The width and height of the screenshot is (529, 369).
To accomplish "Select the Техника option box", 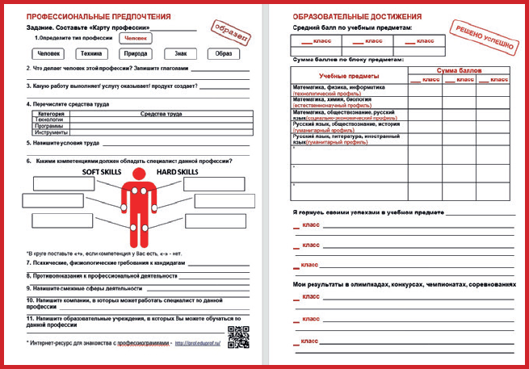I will tap(90, 54).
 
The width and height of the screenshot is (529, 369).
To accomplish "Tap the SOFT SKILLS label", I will tap(101, 172).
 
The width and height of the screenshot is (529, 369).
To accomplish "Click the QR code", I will tap(237, 338).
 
